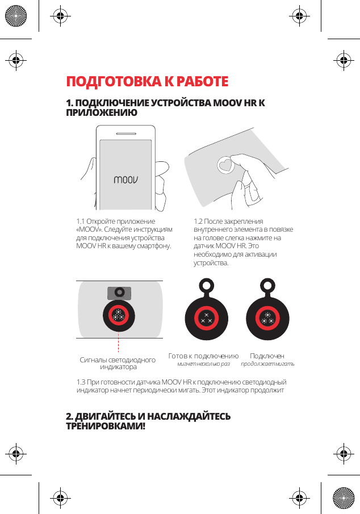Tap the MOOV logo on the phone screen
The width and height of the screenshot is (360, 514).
(x=126, y=180)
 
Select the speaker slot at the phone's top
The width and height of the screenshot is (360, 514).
(x=126, y=134)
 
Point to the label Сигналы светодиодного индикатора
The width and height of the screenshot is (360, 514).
(x=118, y=363)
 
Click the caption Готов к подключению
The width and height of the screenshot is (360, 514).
(x=203, y=356)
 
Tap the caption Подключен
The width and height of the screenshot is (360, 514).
(x=267, y=356)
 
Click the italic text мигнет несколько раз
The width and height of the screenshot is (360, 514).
(x=203, y=363)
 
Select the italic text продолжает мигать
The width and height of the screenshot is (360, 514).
(x=267, y=363)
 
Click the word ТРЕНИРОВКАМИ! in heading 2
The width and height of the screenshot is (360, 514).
(x=106, y=425)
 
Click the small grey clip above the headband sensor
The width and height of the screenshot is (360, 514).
(x=119, y=292)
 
